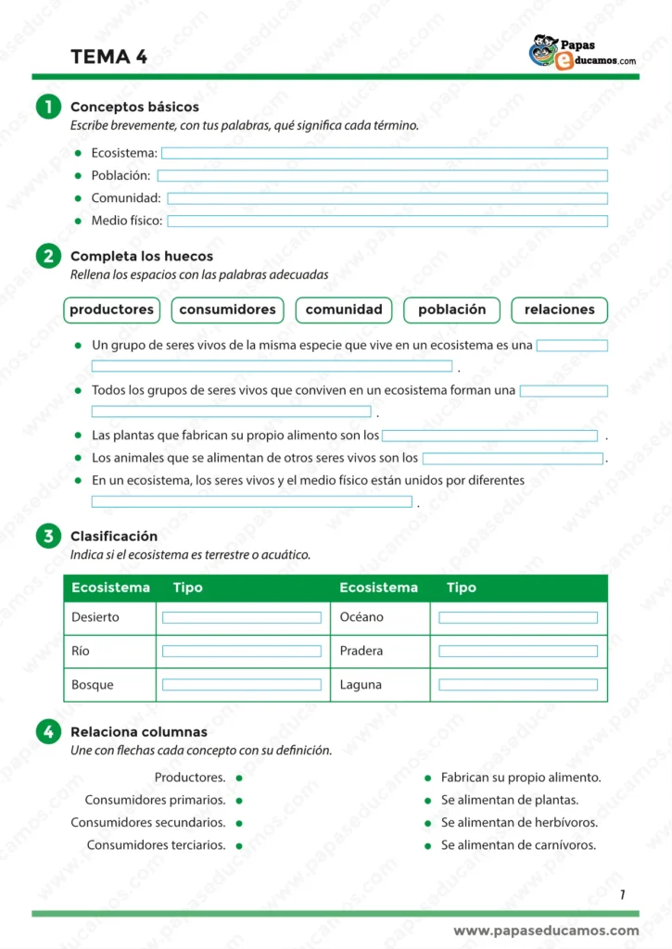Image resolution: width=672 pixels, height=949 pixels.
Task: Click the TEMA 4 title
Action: point(108,57)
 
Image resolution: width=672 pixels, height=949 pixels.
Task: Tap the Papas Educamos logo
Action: point(582,53)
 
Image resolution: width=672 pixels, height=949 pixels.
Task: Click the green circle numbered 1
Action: point(48,108)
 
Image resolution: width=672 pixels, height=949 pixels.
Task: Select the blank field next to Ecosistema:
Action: point(385,153)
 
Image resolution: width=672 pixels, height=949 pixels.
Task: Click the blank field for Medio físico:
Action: point(387,221)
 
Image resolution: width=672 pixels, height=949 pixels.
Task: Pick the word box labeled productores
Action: point(111,310)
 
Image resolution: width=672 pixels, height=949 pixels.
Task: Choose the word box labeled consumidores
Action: point(227,310)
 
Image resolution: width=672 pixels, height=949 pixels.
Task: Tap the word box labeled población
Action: point(451,310)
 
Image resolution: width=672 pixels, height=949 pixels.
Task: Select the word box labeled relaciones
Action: point(559,310)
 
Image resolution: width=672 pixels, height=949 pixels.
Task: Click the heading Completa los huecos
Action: point(142,256)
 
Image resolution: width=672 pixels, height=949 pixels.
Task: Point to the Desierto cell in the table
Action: point(95,617)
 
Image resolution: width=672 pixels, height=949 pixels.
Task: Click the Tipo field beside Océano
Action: point(518,617)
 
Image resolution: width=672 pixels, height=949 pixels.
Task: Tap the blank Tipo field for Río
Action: point(242,651)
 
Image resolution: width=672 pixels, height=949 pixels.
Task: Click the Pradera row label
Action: point(361,651)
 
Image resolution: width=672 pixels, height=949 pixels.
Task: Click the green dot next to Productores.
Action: point(239,778)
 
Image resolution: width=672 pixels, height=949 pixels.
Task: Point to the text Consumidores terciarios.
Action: point(156,845)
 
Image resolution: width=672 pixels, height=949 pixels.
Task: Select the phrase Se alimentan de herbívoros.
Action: point(519,823)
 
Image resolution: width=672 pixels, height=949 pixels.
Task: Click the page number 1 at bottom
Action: point(622,894)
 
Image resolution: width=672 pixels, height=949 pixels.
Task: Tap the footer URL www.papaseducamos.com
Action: point(546,930)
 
